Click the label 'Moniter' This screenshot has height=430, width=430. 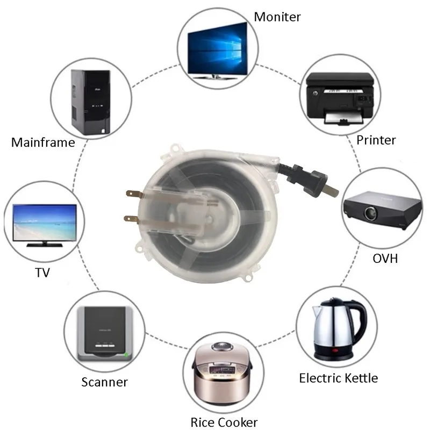[x=277, y=17]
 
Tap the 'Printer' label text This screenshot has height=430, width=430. [x=376, y=140]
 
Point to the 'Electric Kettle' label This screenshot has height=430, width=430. [x=338, y=378]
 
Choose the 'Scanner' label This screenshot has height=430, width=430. [x=104, y=382]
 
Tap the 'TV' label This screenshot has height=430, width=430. [x=42, y=273]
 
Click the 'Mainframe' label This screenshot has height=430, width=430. [x=42, y=142]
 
